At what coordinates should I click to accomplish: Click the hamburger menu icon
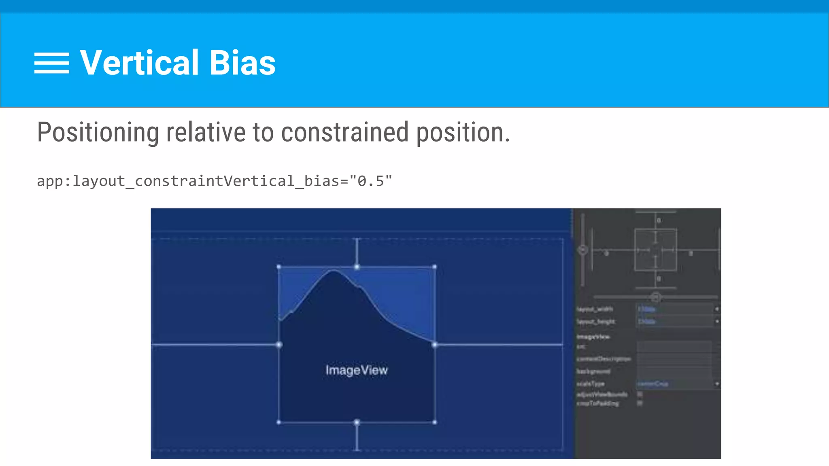tap(51, 63)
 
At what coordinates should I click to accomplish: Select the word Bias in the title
tap(242, 63)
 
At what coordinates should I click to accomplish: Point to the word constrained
tap(344, 132)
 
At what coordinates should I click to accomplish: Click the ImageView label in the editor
tap(356, 370)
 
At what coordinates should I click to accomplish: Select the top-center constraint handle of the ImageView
tap(357, 267)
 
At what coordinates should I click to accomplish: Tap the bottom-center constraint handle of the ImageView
tap(357, 422)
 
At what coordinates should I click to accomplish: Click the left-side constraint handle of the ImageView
tap(279, 345)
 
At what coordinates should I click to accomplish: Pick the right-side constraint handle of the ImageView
tap(435, 345)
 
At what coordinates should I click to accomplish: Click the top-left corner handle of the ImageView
tap(279, 267)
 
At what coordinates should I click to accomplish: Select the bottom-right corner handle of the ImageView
tap(435, 422)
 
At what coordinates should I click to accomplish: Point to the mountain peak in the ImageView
tap(334, 272)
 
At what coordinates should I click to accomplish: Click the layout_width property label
tap(595, 309)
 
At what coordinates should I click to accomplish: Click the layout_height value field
tap(674, 322)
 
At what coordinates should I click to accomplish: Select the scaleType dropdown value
tap(674, 383)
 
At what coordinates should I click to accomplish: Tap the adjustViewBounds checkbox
tap(640, 394)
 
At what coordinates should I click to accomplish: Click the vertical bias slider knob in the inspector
tap(583, 250)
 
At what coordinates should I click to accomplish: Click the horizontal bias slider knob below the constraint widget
tap(656, 298)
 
